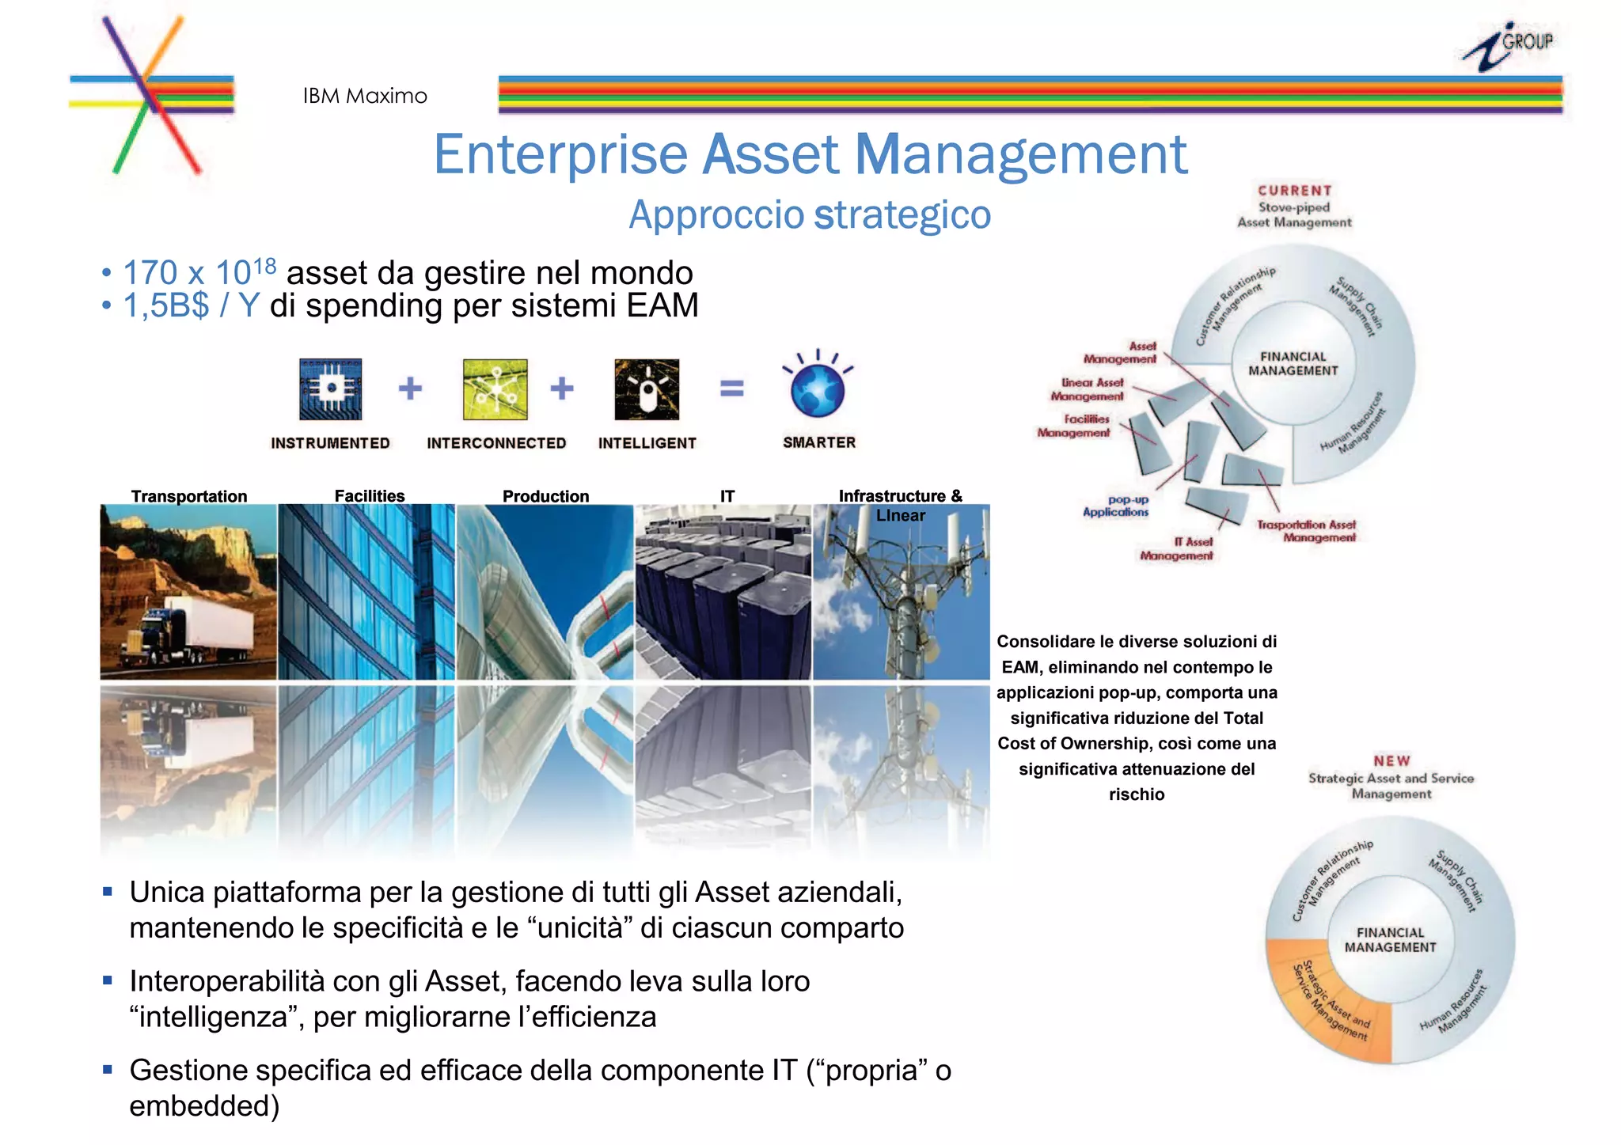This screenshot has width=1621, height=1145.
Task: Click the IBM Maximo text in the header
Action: point(365,97)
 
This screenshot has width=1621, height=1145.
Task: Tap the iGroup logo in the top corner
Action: point(1507,46)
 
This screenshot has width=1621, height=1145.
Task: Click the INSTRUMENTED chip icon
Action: point(330,389)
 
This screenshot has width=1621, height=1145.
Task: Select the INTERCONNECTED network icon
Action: point(495,389)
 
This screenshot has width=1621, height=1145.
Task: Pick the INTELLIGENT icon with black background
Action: point(647,389)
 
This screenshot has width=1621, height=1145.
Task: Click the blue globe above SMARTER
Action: point(818,389)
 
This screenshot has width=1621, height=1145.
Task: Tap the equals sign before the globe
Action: point(732,389)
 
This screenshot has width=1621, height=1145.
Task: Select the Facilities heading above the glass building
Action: point(369,496)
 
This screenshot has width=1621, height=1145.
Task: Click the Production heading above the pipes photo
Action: point(545,496)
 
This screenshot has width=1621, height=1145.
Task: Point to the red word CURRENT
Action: point(1295,191)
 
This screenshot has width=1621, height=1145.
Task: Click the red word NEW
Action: point(1391,761)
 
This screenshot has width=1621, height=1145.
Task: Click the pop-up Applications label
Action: point(1115,506)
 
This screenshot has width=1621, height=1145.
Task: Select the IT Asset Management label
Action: point(1176,549)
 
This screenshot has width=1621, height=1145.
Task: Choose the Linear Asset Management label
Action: point(1088,389)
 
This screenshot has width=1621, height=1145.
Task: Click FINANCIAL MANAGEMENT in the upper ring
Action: point(1293,364)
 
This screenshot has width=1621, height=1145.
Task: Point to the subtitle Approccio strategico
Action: point(810,215)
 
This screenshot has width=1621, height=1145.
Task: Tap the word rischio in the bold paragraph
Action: point(1137,794)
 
